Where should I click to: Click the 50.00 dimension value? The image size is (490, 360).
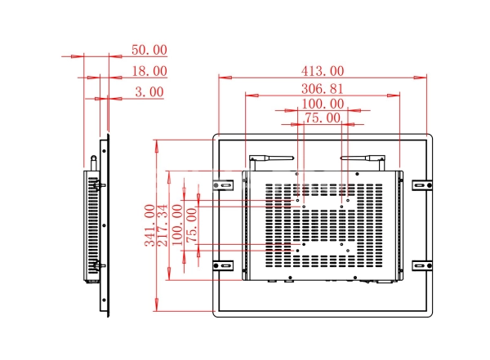click(x=149, y=51)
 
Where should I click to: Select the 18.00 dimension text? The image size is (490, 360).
click(x=149, y=72)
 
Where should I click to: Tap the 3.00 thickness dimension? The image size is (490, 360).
click(x=149, y=92)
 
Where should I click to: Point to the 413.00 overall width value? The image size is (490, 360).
click(x=323, y=72)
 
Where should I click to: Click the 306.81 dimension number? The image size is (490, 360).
click(x=323, y=89)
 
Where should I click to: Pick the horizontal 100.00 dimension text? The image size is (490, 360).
click(x=323, y=104)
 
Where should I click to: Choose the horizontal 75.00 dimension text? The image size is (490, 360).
click(x=322, y=118)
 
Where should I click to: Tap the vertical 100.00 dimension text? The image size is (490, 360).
click(x=177, y=226)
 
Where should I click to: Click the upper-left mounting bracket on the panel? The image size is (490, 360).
click(x=222, y=184)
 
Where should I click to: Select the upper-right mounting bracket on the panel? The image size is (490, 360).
click(x=421, y=185)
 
